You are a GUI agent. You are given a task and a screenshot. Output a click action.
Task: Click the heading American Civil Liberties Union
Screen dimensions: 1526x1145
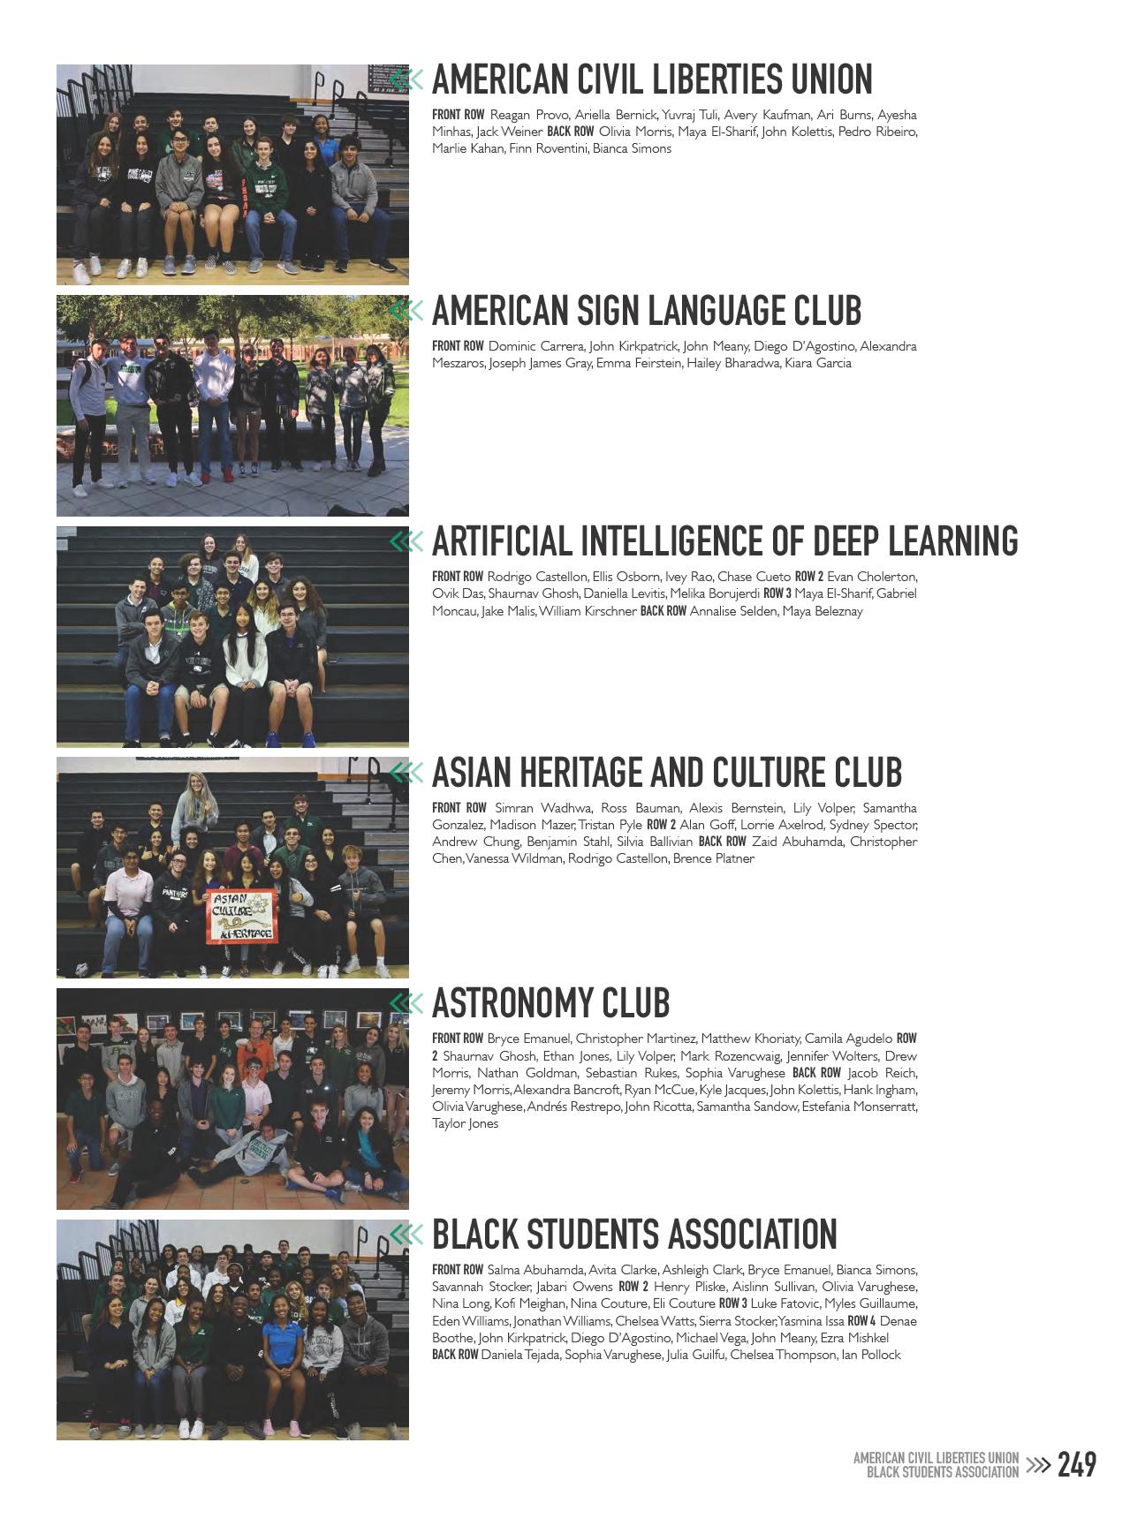[x=652, y=79]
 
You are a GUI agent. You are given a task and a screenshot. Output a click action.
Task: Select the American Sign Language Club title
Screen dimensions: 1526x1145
[x=647, y=311]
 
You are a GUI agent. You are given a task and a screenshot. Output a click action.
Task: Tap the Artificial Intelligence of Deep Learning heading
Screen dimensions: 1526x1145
[x=724, y=541]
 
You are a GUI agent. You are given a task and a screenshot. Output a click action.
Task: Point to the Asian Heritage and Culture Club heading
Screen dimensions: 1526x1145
[x=667, y=773]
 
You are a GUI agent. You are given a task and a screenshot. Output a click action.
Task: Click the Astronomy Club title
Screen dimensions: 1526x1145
[x=550, y=1003]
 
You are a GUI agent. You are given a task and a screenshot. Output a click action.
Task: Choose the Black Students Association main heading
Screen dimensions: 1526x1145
[x=634, y=1235]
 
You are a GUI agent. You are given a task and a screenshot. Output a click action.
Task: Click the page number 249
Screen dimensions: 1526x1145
[x=1077, y=1465]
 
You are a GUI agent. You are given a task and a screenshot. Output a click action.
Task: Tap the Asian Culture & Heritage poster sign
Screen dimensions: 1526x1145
[x=241, y=917]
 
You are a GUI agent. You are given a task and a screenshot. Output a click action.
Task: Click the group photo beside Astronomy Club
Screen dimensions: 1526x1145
[x=232, y=1099]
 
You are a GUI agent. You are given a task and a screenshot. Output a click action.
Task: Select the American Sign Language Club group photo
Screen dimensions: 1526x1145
[x=232, y=405]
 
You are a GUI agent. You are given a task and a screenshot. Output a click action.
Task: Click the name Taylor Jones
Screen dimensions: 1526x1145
[x=466, y=1124]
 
